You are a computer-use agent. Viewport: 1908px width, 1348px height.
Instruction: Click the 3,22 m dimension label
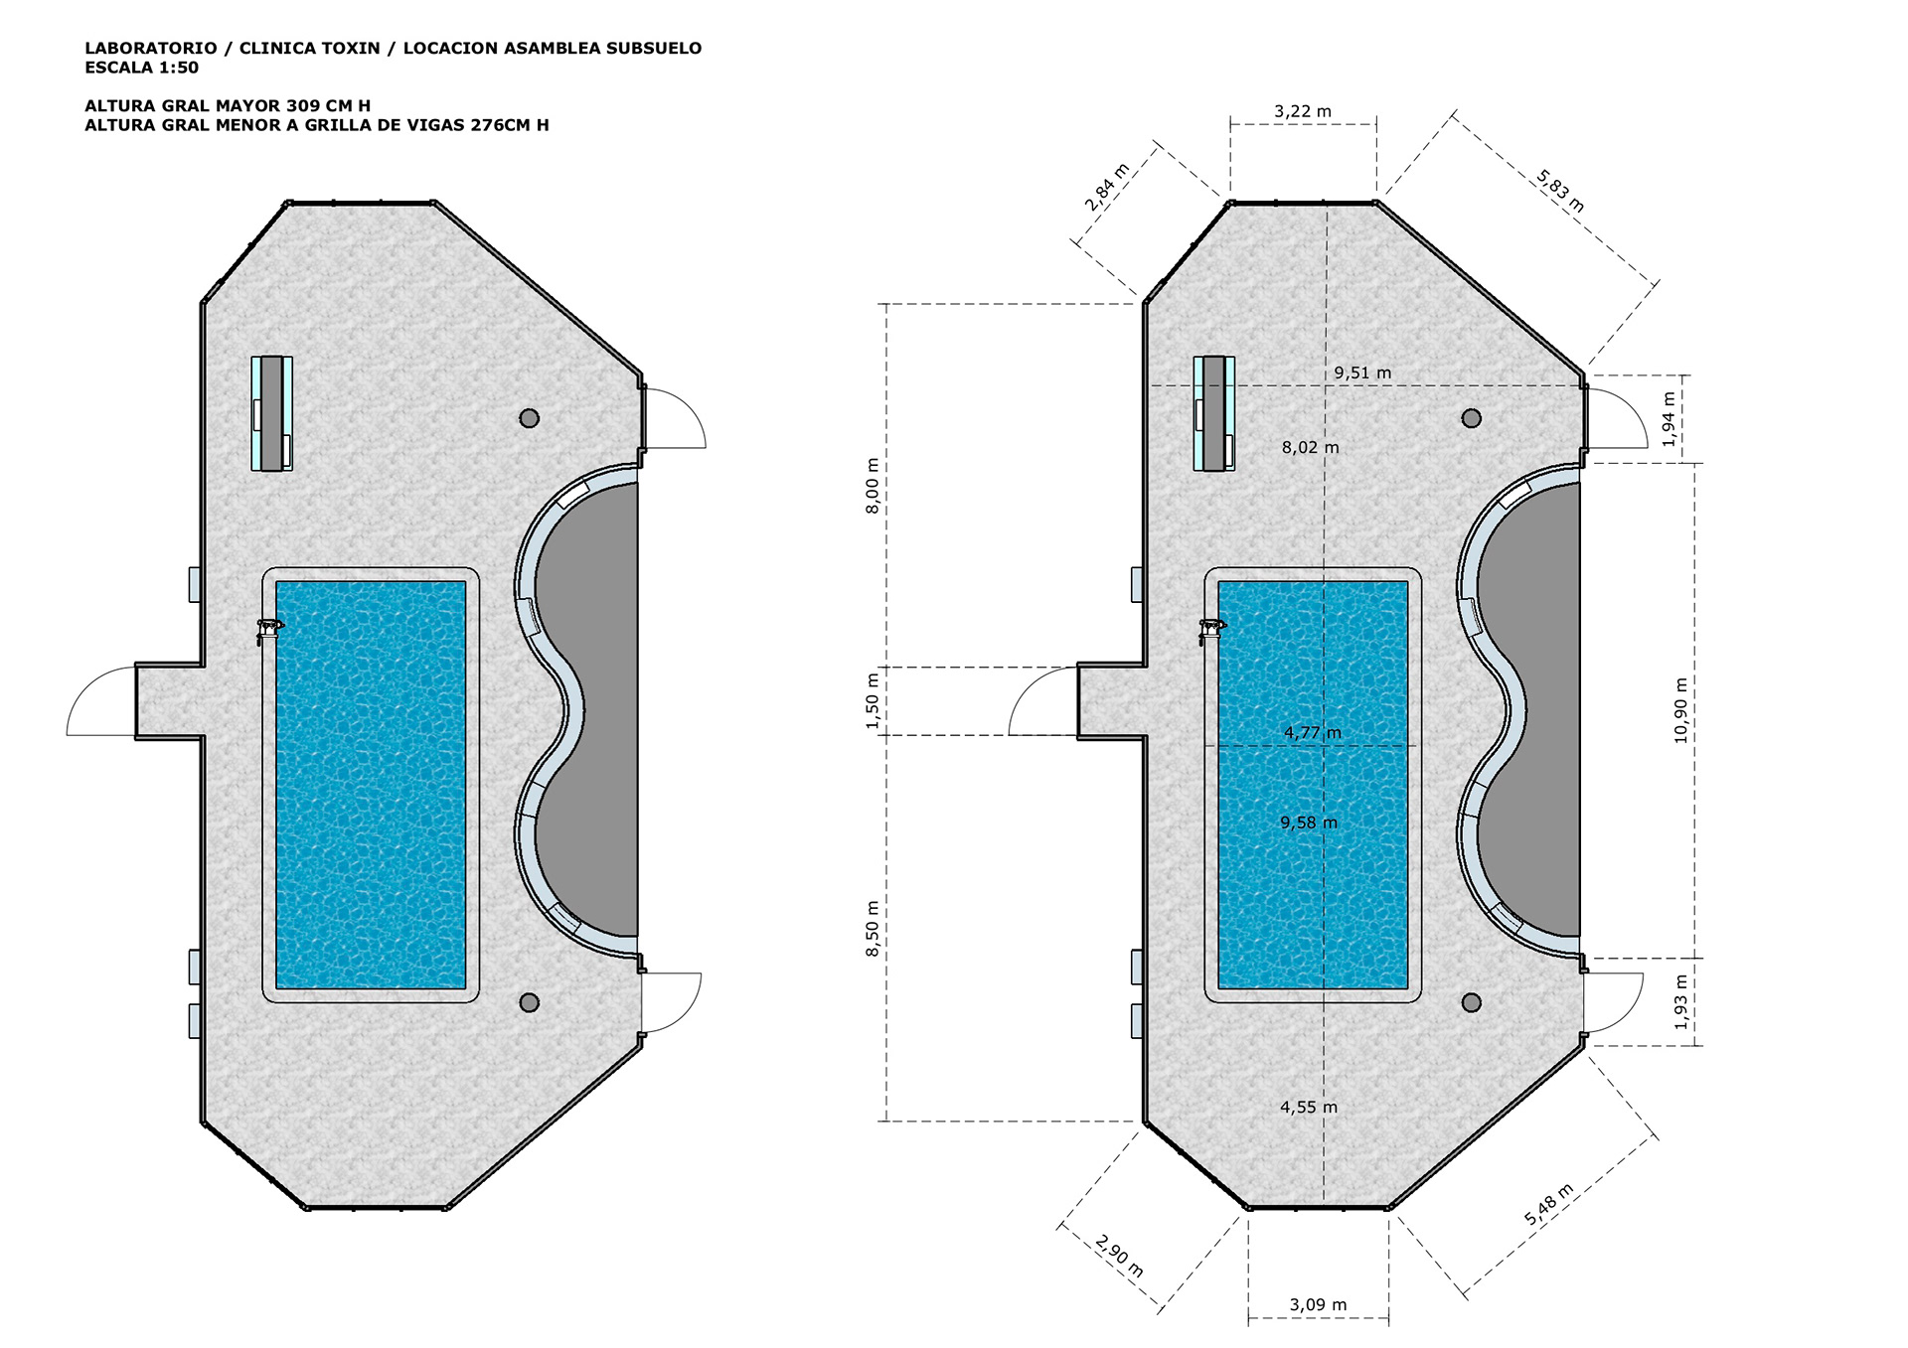coord(1303,111)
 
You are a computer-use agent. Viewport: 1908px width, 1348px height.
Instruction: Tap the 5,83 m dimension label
coord(1560,191)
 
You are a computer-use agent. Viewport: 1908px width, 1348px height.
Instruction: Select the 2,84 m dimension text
coord(1107,187)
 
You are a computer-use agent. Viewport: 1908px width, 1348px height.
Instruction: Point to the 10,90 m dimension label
coord(1680,710)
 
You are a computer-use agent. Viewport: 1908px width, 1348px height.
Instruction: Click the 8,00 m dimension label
coord(873,486)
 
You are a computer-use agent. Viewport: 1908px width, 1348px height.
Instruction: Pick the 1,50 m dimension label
coord(873,701)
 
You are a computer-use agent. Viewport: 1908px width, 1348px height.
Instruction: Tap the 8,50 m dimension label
coord(873,929)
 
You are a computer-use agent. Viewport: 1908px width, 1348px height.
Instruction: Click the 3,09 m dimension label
coord(1318,1304)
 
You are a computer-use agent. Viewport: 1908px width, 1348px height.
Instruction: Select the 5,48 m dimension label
coord(1549,1204)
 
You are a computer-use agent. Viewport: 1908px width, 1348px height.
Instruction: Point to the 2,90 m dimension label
coord(1120,1256)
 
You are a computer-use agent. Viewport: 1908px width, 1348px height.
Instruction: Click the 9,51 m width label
coord(1362,373)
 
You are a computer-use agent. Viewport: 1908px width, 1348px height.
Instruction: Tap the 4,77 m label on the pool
coord(1313,733)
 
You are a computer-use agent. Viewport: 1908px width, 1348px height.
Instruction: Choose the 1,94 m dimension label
coord(1669,419)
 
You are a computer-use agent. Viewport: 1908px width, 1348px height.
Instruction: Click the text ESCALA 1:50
coord(141,68)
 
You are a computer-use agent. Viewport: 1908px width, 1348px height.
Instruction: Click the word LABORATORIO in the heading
coord(151,48)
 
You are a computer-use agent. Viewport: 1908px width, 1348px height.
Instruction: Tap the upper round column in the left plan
coord(530,418)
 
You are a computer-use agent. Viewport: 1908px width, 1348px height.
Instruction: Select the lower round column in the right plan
coord(1472,1002)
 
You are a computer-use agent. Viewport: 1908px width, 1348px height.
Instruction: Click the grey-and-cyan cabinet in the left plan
coord(271,412)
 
